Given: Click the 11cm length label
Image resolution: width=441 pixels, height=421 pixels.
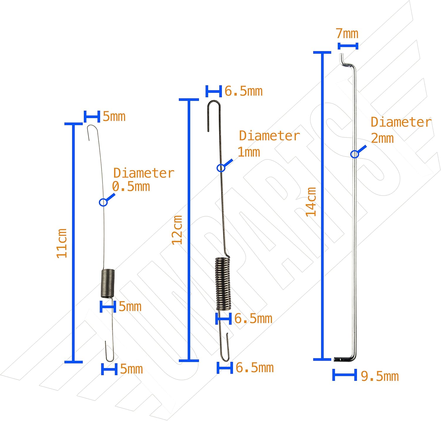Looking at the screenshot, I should [62, 243].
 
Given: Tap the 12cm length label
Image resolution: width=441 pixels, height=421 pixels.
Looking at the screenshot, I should [177, 230].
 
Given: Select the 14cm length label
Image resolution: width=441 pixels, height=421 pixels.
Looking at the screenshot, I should [311, 202].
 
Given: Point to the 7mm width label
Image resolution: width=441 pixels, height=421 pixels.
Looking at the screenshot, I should [347, 34].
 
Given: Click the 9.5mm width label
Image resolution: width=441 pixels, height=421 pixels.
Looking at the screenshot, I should [380, 376].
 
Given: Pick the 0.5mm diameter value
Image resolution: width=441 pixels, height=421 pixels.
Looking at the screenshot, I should [131, 187].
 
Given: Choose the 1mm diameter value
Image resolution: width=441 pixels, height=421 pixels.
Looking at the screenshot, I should [249, 152].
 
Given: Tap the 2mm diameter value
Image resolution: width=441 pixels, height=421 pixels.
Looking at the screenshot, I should [382, 138].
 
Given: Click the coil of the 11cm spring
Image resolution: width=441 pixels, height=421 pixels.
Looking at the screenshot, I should [108, 283].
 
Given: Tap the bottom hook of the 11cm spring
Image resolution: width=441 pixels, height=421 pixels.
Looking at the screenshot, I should [109, 352].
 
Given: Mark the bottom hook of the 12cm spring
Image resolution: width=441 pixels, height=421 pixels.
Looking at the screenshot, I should [225, 349].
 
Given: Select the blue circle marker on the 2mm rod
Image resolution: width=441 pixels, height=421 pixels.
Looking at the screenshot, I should [355, 154].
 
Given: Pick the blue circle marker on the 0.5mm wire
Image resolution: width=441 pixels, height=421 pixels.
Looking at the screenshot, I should [103, 202].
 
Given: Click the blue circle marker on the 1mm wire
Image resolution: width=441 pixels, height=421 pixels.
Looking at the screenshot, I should [221, 168].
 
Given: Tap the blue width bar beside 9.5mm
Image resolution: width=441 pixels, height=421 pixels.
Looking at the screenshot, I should [345, 375].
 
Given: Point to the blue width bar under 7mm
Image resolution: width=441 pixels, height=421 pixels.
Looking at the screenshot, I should [348, 46].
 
